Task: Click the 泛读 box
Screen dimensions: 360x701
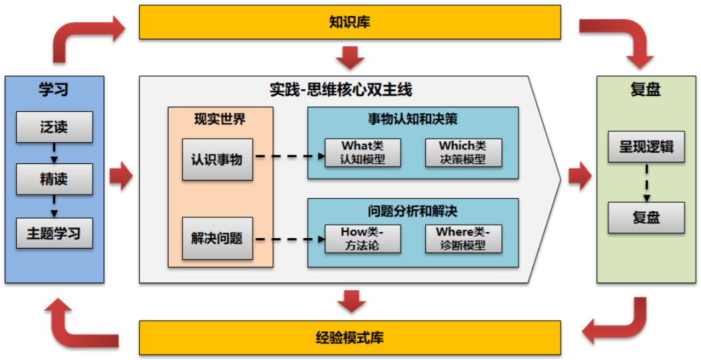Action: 54,127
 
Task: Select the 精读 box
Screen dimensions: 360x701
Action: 54,180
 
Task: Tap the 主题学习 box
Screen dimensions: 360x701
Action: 54,233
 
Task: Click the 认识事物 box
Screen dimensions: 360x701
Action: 217,160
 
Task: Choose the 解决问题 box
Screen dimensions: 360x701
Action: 217,238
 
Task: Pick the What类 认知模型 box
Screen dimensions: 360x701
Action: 362,153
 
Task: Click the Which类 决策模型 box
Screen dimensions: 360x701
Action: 462,153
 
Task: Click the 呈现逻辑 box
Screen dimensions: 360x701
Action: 646,147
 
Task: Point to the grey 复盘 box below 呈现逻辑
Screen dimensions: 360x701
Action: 646,217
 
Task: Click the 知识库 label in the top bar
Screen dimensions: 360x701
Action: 349,23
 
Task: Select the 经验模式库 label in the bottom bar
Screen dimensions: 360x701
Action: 349,337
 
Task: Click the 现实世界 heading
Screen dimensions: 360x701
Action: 219,119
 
